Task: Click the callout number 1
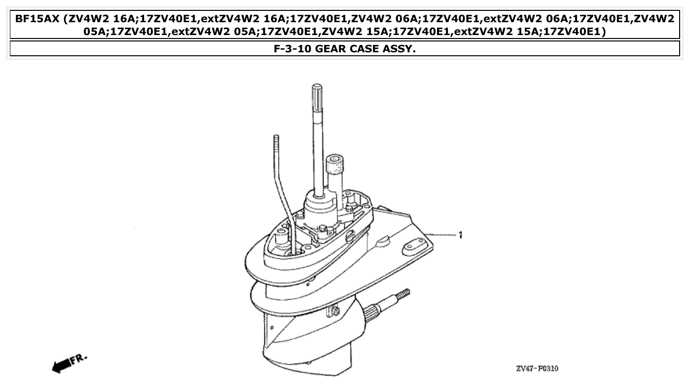point(460,235)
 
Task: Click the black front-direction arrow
point(60,365)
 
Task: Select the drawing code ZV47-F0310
point(537,369)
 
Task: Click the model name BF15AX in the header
point(37,20)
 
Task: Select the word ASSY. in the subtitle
point(400,49)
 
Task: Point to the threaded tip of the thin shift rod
point(276,141)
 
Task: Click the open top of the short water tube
point(334,160)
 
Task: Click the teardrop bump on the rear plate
point(382,241)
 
